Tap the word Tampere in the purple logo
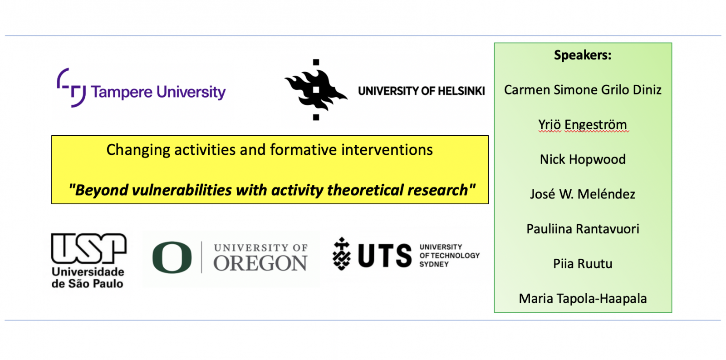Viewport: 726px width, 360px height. (122, 93)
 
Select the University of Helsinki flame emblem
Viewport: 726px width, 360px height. (316, 90)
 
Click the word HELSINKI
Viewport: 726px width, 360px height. (461, 91)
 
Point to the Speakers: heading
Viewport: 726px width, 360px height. (583, 55)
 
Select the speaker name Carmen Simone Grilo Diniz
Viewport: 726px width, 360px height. (583, 90)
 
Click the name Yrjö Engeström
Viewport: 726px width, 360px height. (583, 125)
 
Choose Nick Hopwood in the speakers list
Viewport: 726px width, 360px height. (583, 159)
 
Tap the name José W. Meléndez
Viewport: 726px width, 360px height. (583, 194)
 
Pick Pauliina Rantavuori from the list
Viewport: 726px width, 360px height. (583, 229)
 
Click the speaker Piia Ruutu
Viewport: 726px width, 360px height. (583, 264)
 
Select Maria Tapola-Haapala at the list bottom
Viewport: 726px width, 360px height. (583, 298)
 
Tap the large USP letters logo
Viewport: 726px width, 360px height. (88, 248)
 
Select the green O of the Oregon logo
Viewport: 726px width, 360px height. (172, 257)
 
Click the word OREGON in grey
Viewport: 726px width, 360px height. (260, 263)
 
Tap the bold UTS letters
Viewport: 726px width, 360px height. (385, 256)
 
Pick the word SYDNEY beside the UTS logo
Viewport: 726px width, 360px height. (434, 264)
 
